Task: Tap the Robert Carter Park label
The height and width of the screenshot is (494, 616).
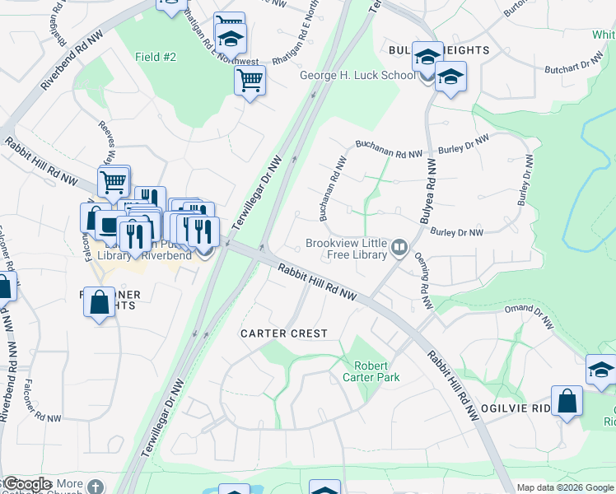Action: point(376,371)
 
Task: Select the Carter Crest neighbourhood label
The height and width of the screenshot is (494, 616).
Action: point(284,333)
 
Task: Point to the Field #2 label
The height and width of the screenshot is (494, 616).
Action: point(156,57)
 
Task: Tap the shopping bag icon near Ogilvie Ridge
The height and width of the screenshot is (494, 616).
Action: point(567,402)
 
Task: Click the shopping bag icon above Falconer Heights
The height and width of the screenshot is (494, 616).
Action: point(99,301)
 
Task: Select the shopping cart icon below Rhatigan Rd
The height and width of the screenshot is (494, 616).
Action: point(250,81)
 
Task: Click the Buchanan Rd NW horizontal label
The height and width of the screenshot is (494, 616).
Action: point(389,145)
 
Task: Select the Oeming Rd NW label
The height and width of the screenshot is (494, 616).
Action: point(422,282)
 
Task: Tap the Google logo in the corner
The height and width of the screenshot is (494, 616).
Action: point(26,484)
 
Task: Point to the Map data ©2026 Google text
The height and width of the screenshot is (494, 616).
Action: point(565,487)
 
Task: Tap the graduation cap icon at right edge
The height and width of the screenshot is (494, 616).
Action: point(601,370)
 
